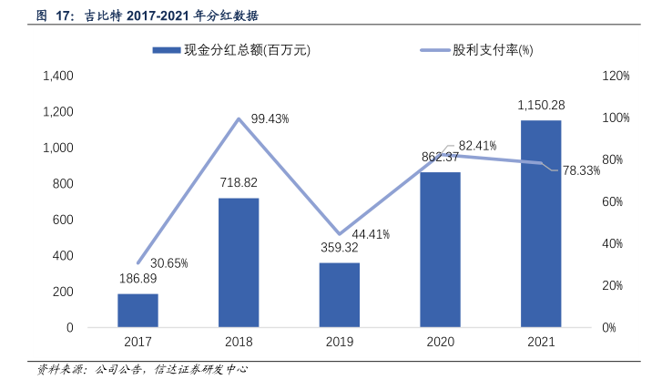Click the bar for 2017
pyautogui.click(x=137, y=310)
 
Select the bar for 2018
pyautogui.click(x=239, y=262)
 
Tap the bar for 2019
pyautogui.click(x=340, y=294)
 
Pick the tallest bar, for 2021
pyautogui.click(x=541, y=223)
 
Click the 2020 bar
pyautogui.click(x=440, y=249)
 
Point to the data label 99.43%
pyautogui.click(x=270, y=118)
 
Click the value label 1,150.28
pyautogui.click(x=541, y=106)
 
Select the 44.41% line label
pyautogui.click(x=371, y=234)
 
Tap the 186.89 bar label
pyautogui.click(x=137, y=279)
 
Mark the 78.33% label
pyautogui.click(x=581, y=170)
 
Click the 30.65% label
pyautogui.click(x=168, y=263)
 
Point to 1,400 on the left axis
pyautogui.click(x=58, y=77)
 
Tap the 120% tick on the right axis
pyautogui.click(x=616, y=77)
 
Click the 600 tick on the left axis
pyautogui.click(x=64, y=220)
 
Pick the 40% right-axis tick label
pyautogui.click(x=616, y=243)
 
